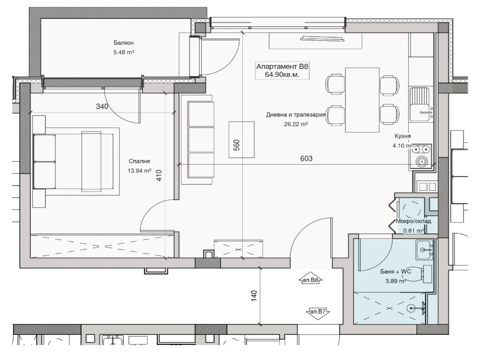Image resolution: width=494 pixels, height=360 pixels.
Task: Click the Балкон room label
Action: (x=124, y=43)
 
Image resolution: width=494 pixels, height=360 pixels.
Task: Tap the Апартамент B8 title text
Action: (x=282, y=66)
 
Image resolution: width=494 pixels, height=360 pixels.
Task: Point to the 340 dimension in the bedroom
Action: (x=102, y=106)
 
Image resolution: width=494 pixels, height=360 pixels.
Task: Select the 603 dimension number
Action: (x=306, y=158)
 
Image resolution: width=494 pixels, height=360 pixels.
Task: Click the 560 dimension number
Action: (x=236, y=145)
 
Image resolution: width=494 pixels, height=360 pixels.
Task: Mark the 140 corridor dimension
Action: (x=254, y=296)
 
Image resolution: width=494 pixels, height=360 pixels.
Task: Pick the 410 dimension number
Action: (x=159, y=175)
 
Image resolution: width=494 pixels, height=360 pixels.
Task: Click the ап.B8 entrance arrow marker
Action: (x=310, y=280)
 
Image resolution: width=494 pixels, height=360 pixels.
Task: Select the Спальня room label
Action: (x=139, y=161)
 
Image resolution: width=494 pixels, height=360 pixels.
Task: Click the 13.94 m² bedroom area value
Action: (x=139, y=171)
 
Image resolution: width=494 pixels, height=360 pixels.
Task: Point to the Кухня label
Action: (x=403, y=136)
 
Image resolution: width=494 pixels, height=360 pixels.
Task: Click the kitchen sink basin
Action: (x=420, y=104)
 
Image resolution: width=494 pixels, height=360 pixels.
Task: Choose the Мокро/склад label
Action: (x=414, y=221)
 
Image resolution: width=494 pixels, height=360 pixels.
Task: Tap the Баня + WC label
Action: (x=396, y=271)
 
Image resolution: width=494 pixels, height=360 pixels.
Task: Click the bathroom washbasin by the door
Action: (x=424, y=250)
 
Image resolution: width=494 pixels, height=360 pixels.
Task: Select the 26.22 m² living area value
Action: (x=296, y=124)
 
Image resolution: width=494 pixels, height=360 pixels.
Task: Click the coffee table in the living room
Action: (x=241, y=139)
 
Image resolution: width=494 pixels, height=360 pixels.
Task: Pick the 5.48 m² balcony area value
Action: (x=124, y=52)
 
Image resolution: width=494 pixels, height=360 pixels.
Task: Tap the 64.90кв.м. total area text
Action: (x=282, y=75)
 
